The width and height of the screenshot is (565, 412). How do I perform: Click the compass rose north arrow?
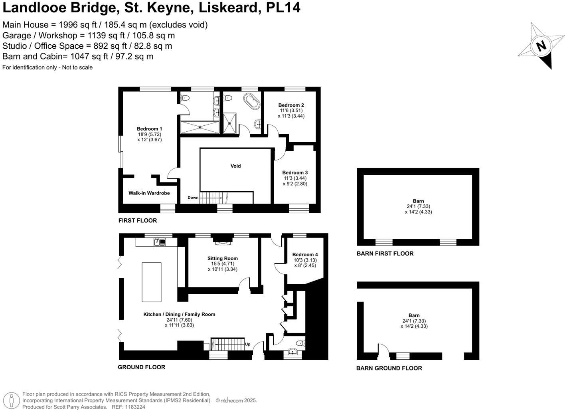(541, 46)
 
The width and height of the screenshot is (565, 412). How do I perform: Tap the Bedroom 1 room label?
(149, 129)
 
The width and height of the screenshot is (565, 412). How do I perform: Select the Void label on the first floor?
(235, 166)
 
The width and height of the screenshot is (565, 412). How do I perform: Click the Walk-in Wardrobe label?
(149, 193)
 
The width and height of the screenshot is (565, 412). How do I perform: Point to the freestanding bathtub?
(252, 101)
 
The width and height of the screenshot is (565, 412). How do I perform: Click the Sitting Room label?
(222, 258)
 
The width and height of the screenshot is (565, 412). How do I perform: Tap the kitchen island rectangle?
(152, 282)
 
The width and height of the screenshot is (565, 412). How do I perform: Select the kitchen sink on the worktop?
(160, 242)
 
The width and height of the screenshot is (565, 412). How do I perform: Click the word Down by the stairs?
(193, 198)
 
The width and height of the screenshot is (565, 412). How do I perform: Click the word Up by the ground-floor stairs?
(248, 344)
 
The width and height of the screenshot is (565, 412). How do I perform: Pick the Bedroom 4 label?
(305, 255)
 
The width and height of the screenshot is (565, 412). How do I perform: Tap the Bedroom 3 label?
(295, 172)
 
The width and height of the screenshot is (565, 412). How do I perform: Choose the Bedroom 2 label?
(291, 105)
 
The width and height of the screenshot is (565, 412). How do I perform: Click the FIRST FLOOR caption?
(138, 221)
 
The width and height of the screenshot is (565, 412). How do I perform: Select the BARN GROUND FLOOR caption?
(389, 368)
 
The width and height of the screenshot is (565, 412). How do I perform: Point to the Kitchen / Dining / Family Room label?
(179, 315)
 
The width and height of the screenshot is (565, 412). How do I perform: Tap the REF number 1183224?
(135, 407)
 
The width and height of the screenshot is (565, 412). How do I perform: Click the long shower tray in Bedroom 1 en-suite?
(200, 127)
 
